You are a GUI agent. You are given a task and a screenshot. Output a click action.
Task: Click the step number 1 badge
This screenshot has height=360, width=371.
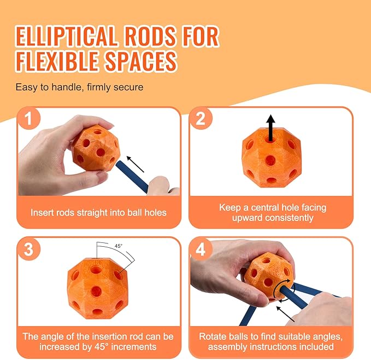click(28, 118)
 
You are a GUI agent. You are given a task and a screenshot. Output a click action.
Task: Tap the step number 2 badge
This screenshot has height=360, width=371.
click(201, 118)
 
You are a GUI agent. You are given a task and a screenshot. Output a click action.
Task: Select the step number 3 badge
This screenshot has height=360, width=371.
click(28, 249)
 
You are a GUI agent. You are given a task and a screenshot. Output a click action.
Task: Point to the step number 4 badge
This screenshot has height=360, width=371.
click(201, 249)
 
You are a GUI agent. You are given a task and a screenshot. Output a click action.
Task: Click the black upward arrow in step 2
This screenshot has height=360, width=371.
click(270, 129)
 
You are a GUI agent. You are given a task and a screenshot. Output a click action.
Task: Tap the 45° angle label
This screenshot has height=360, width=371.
click(119, 246)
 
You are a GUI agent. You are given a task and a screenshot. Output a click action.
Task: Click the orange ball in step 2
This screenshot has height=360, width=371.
click(272, 158)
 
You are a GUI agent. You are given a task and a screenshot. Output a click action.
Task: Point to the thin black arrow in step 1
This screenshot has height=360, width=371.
click(136, 164)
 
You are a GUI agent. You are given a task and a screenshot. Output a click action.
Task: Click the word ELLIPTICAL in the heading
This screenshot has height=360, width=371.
click(67, 37)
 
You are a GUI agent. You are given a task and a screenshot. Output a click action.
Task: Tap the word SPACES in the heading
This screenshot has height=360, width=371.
click(141, 61)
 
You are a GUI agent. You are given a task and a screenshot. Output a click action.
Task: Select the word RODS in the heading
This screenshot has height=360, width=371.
click(150, 37)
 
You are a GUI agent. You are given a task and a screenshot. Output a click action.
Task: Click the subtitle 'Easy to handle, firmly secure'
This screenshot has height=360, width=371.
click(80, 87)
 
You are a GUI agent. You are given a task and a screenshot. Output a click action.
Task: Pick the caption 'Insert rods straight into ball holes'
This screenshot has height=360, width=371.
click(98, 212)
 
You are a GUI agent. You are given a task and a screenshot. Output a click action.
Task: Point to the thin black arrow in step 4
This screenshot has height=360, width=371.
click(286, 314)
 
